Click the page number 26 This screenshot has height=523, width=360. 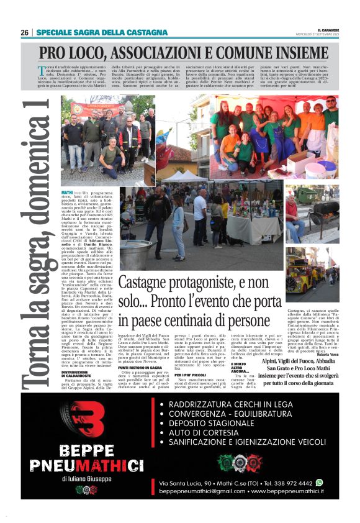(x=24, y=33)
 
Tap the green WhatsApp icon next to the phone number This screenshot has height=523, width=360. (x=319, y=481)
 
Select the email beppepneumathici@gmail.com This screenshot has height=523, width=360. (x=202, y=491)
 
